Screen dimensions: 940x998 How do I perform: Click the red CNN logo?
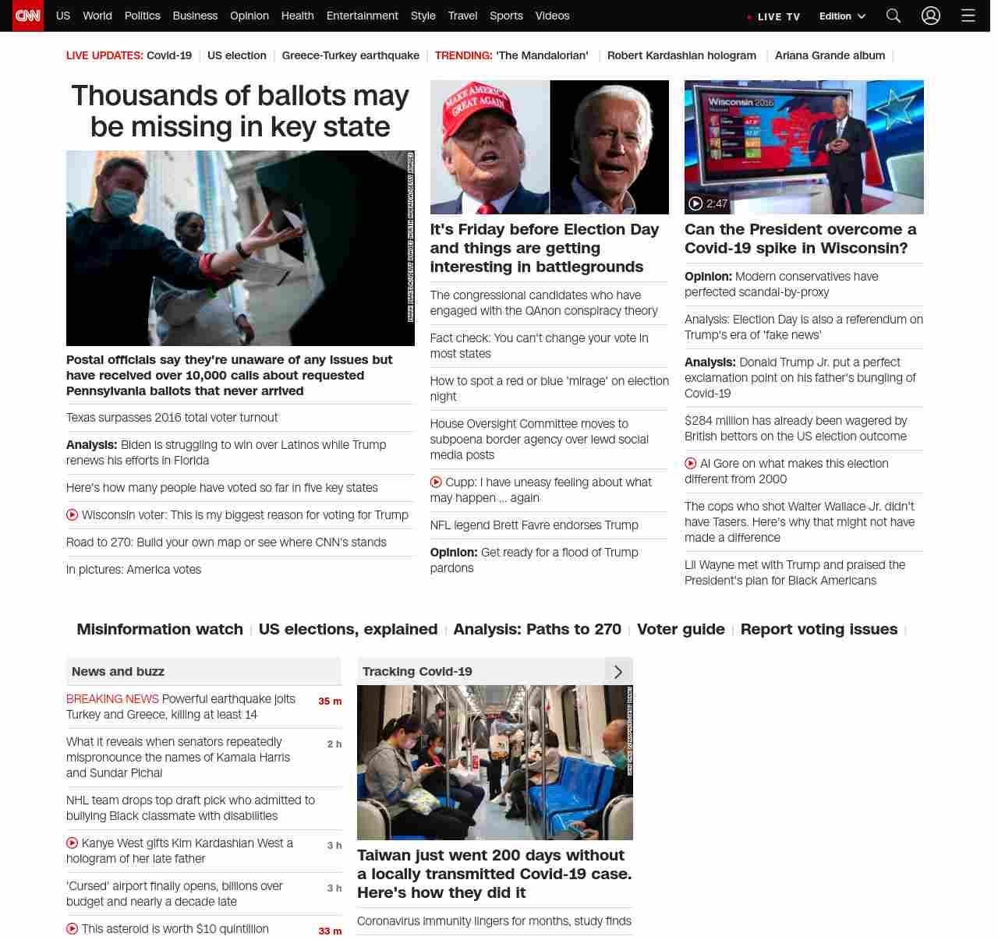[x=28, y=16]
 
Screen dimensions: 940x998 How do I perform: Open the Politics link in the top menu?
[x=142, y=16]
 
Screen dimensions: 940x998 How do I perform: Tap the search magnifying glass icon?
[x=894, y=16]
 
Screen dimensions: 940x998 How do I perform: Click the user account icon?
[x=931, y=16]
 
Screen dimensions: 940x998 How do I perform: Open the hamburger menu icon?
[x=968, y=16]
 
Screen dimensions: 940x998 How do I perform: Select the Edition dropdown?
[x=842, y=16]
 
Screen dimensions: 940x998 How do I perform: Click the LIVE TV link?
[x=774, y=16]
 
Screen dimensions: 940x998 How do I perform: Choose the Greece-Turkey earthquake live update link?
[x=350, y=55]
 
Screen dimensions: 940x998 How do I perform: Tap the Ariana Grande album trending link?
[x=830, y=55]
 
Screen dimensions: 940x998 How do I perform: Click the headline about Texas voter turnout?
[x=172, y=418]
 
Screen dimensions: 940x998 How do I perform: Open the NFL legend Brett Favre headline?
[x=534, y=525]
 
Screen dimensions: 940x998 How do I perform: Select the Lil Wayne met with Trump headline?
[x=795, y=572]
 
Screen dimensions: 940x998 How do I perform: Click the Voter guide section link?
[x=681, y=629]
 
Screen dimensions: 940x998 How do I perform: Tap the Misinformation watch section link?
[x=160, y=629]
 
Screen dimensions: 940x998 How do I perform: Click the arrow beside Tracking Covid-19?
[x=618, y=672]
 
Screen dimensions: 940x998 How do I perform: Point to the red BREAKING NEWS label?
[x=112, y=699]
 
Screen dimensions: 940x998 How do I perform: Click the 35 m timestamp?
[x=330, y=701]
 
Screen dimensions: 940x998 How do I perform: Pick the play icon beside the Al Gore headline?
[x=691, y=464]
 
